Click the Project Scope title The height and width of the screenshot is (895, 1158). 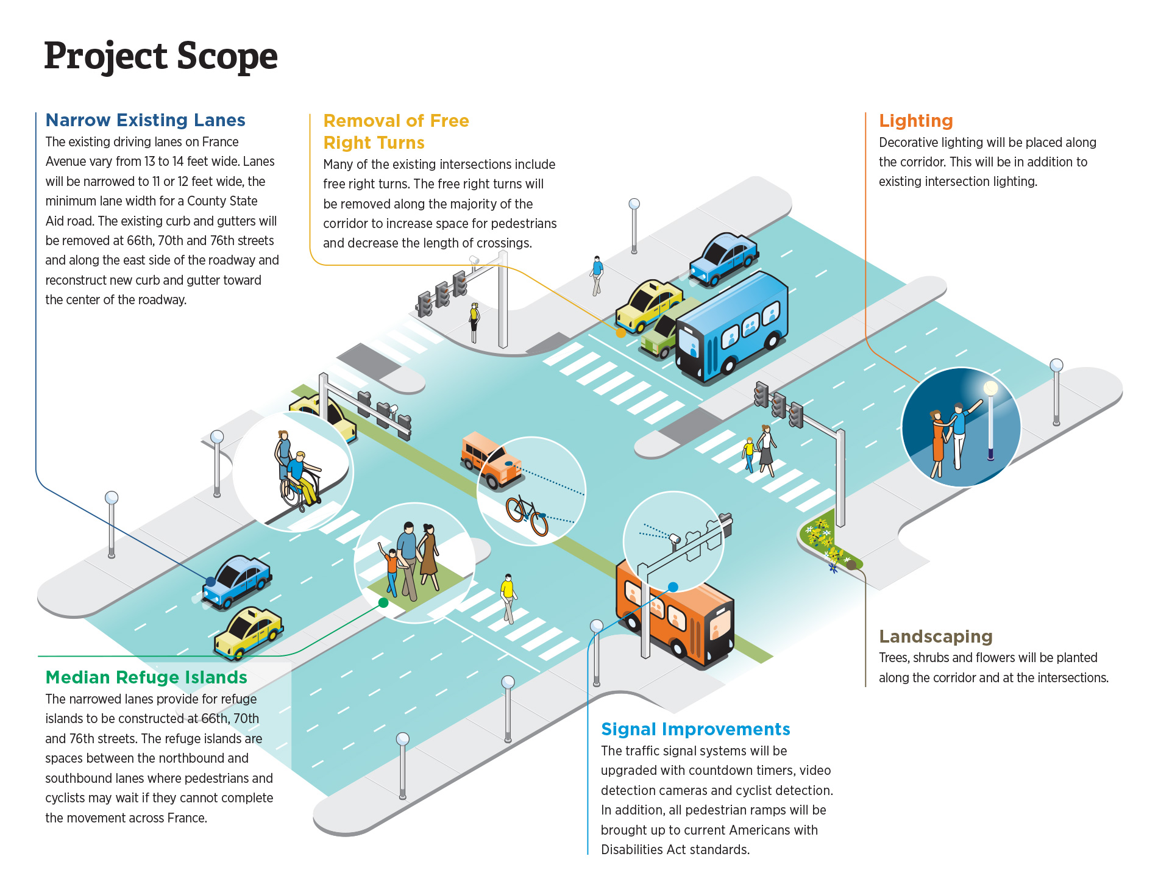161,57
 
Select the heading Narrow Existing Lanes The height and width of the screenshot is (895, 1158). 145,120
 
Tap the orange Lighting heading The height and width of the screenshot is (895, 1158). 915,121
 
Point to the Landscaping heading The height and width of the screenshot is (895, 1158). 936,636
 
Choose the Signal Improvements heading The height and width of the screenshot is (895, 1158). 695,729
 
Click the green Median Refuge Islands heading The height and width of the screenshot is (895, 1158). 146,677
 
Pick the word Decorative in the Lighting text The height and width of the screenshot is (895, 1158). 908,143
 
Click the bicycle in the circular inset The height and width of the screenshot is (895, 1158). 527,515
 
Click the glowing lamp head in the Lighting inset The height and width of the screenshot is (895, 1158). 991,388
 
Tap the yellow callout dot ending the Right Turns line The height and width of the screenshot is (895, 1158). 620,333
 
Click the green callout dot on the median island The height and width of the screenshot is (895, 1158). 383,602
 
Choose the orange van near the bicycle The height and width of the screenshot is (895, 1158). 491,460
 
